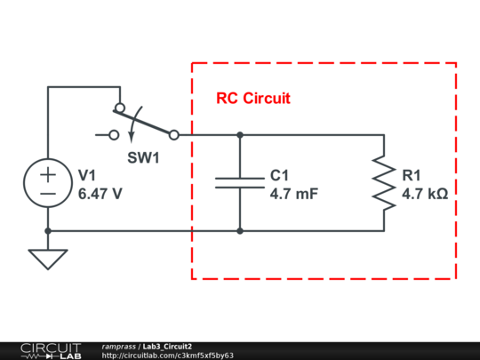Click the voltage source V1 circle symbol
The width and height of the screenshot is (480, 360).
(48, 183)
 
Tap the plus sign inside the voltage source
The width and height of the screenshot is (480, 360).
(48, 174)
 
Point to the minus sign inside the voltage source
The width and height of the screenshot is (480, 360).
(48, 193)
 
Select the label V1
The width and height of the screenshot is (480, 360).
(87, 175)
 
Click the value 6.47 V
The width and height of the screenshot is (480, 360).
(100, 192)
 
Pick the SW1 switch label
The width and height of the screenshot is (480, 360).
(143, 158)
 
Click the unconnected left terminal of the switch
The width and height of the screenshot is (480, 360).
(113, 135)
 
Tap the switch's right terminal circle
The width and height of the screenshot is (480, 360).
(173, 135)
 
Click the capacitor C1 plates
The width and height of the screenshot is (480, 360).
(240, 183)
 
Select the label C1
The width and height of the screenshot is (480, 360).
(279, 175)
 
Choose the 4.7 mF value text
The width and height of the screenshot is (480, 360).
(293, 192)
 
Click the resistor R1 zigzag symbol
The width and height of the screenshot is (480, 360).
(384, 183)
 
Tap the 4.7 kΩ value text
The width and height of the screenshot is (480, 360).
(424, 192)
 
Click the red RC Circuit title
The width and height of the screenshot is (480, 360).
(253, 99)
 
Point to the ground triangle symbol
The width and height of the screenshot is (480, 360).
(48, 259)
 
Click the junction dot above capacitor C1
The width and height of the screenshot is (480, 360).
(240, 135)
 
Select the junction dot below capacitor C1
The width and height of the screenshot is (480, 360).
(240, 231)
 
